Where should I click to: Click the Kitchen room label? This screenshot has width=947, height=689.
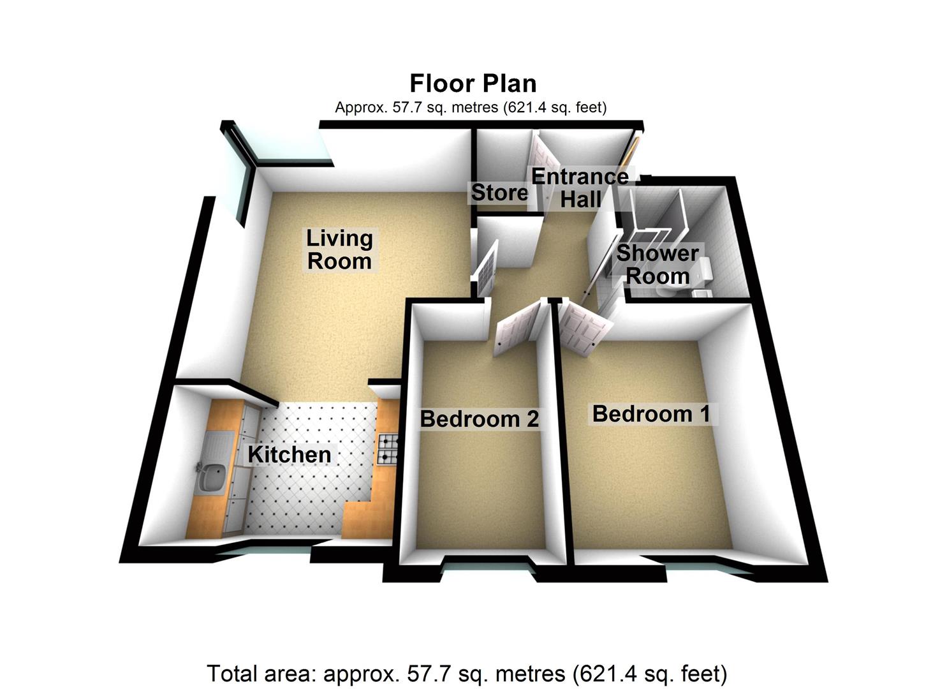coord(290,454)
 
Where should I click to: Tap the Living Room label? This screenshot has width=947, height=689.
coord(339,249)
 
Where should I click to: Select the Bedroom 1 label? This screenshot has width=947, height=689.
coord(651,413)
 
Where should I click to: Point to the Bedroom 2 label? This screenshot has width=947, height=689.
coord(479,419)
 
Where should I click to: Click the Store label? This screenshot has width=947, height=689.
coord(499,192)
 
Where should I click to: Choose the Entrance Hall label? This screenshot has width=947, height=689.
coord(580,188)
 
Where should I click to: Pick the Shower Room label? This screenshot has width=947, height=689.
coord(657,265)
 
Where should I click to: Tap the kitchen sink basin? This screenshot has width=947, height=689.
coord(210,479)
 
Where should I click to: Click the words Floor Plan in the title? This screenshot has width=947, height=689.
coord(473,84)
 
